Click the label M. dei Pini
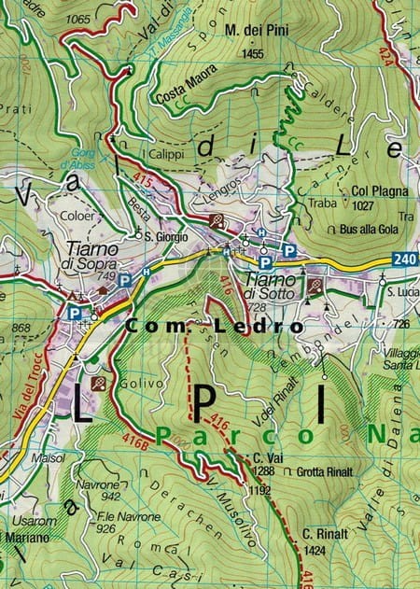(257, 31)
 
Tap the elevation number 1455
(251, 55)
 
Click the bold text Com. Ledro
(214, 327)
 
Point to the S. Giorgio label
(167, 236)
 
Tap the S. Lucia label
(403, 293)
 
